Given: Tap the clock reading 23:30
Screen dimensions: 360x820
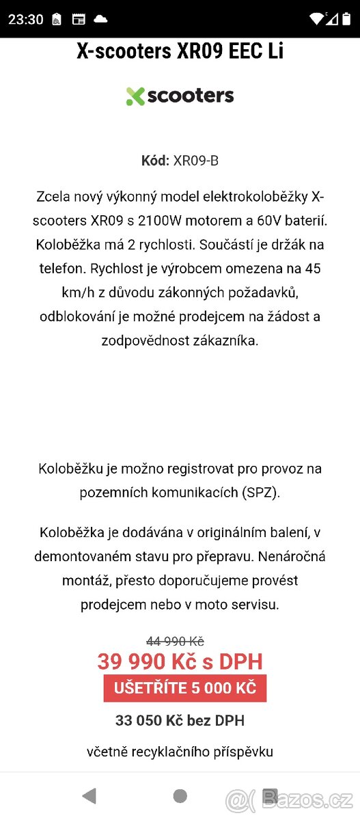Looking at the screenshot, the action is (26, 19).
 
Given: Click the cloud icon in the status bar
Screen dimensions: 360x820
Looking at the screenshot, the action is (100, 19).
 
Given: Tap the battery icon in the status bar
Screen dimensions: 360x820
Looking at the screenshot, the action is (346, 19).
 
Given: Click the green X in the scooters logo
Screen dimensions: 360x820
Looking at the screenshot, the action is (135, 96).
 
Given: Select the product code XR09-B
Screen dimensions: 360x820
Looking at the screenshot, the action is (196, 161).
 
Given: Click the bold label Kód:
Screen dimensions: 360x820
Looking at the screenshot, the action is (155, 161).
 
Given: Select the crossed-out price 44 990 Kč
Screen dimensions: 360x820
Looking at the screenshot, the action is (176, 641).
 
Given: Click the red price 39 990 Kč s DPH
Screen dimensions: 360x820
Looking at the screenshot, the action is (180, 661).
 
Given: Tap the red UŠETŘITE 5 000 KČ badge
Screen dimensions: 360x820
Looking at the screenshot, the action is (184, 688).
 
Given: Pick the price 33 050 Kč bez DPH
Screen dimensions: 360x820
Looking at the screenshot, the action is (180, 720).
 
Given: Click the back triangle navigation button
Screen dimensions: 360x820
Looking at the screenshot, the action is (89, 795).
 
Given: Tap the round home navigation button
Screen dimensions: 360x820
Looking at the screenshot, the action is (180, 795).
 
